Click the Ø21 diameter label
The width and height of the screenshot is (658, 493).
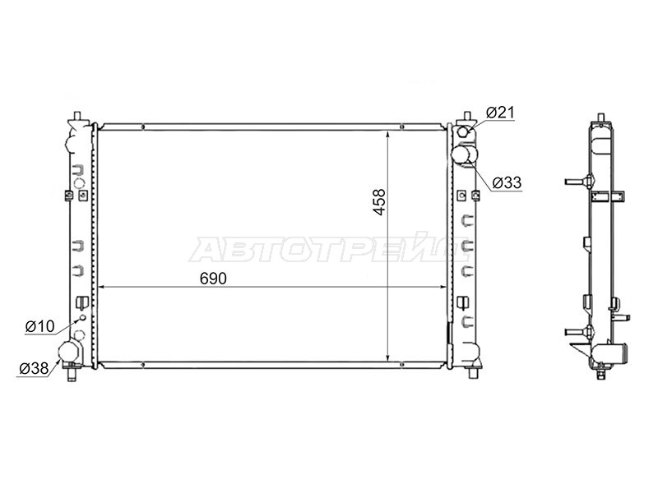(x=500, y=113)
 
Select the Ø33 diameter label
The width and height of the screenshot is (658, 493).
(x=507, y=182)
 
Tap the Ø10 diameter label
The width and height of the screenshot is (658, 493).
(x=39, y=326)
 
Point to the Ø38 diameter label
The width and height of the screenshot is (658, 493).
(x=34, y=368)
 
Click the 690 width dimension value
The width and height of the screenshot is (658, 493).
(x=213, y=279)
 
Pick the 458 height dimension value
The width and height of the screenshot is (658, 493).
(x=379, y=202)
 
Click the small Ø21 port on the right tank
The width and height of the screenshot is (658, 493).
(x=464, y=132)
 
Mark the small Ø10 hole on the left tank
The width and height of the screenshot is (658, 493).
(x=83, y=317)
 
